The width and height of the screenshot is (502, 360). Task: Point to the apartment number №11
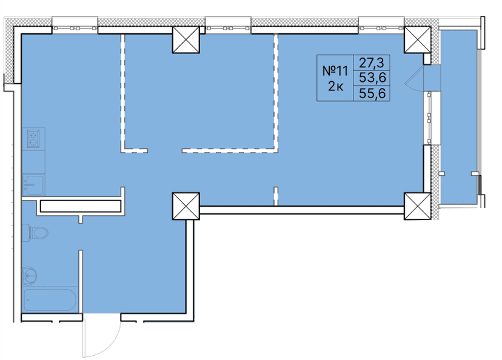point(333,70)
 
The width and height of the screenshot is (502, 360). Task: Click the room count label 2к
point(335,87)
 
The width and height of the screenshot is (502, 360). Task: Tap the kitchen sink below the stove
point(33,184)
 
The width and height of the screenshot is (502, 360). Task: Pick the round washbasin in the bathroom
point(30,275)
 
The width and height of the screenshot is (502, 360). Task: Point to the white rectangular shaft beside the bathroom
point(80,206)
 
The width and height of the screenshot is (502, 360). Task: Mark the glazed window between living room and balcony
point(430,118)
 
